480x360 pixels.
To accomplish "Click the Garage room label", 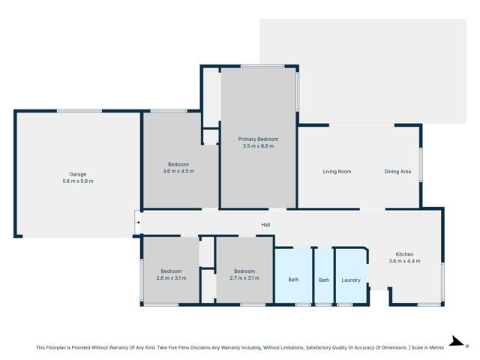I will coord(77,174).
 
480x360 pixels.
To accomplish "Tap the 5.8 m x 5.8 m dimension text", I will coord(77,181).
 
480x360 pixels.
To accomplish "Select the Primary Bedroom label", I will coord(258,139).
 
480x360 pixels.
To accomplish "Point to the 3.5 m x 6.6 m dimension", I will coord(258,146).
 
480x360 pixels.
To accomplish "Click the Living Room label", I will coord(337,172).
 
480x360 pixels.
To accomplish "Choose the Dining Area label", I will coord(397,172).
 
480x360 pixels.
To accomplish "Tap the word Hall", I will coord(265,224).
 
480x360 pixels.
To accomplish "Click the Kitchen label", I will coord(404,254).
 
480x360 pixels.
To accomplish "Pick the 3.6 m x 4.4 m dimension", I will coord(404,261).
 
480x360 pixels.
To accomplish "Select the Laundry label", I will coord(350,280).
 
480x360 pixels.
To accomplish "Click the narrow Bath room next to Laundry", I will coord(323,280).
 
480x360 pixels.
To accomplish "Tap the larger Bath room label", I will coord(293,280).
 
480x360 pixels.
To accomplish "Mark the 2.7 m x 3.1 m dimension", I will coord(244,278).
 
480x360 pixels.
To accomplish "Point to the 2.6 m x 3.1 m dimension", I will coord(171,278).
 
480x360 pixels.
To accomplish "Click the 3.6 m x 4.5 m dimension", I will coord(178,171).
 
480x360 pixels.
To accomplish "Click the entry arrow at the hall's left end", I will coord(138,222).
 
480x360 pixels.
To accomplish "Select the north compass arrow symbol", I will coord(455,341).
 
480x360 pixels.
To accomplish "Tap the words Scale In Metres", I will coord(428,348).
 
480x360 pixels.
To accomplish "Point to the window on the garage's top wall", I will coord(79,111).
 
